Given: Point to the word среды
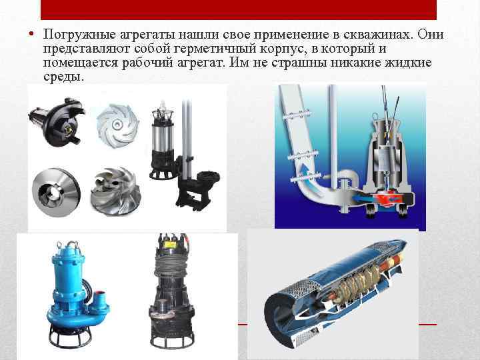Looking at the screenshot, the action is point(63,77).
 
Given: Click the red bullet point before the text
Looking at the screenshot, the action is point(31,34).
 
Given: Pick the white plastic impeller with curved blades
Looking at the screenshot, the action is point(118,125).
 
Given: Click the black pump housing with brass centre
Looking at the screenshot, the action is point(57,122).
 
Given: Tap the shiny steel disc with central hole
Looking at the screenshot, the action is point(56,193).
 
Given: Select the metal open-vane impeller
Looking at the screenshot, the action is point(116,191).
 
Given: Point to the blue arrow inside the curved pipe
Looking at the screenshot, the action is point(307,172).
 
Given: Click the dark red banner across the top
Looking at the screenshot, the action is point(239,10).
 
